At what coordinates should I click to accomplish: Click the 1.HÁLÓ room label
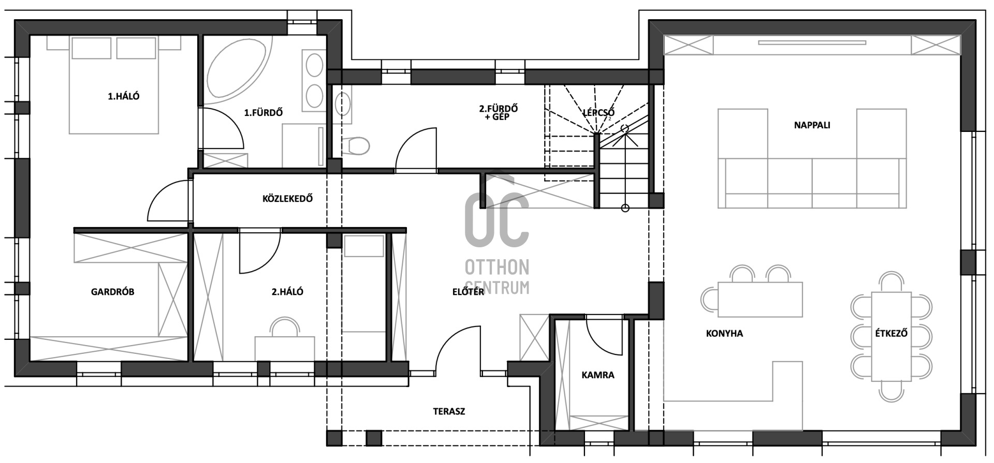tap(123, 96)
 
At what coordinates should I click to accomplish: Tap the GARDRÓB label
tap(112, 292)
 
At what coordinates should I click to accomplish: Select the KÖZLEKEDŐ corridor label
tap(287, 199)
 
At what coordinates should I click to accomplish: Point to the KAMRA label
tap(597, 375)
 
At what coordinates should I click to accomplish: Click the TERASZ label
tap(449, 412)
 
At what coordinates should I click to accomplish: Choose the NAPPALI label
tap(812, 125)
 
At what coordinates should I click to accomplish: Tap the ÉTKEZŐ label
tap(891, 334)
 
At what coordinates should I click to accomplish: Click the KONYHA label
tap(724, 334)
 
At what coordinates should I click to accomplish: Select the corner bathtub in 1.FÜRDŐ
tap(239, 67)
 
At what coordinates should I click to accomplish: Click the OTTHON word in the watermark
tap(497, 267)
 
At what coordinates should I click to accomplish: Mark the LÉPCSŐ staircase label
tap(598, 113)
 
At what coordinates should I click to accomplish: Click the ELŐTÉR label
tap(468, 292)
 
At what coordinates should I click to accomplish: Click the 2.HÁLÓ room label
tap(287, 292)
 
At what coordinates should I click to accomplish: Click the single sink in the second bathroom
tap(342, 104)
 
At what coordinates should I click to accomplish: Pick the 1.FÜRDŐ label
tap(264, 112)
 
